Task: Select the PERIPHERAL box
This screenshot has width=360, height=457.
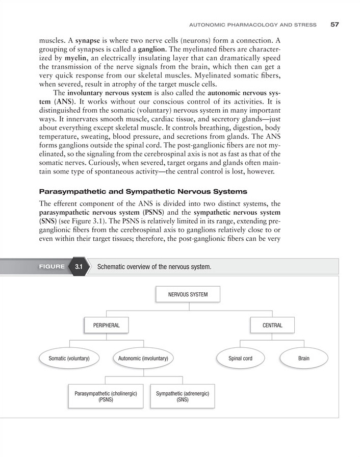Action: click(106, 325)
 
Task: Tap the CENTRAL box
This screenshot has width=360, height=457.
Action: click(272, 325)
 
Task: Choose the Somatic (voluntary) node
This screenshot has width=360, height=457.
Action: click(69, 359)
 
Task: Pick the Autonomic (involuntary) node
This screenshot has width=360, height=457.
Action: click(143, 359)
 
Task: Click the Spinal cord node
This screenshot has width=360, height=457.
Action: click(240, 359)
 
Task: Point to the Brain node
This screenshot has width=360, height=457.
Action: click(303, 359)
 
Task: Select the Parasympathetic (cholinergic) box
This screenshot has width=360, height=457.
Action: click(106, 397)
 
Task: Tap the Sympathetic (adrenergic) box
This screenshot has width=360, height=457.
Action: click(182, 397)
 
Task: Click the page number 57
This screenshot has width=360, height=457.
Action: click(335, 24)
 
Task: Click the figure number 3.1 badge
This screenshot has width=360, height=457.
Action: click(79, 267)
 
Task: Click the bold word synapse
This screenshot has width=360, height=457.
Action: click(89, 39)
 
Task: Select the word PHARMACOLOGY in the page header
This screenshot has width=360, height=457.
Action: click(247, 24)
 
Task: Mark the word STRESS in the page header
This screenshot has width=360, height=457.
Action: click(305, 24)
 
